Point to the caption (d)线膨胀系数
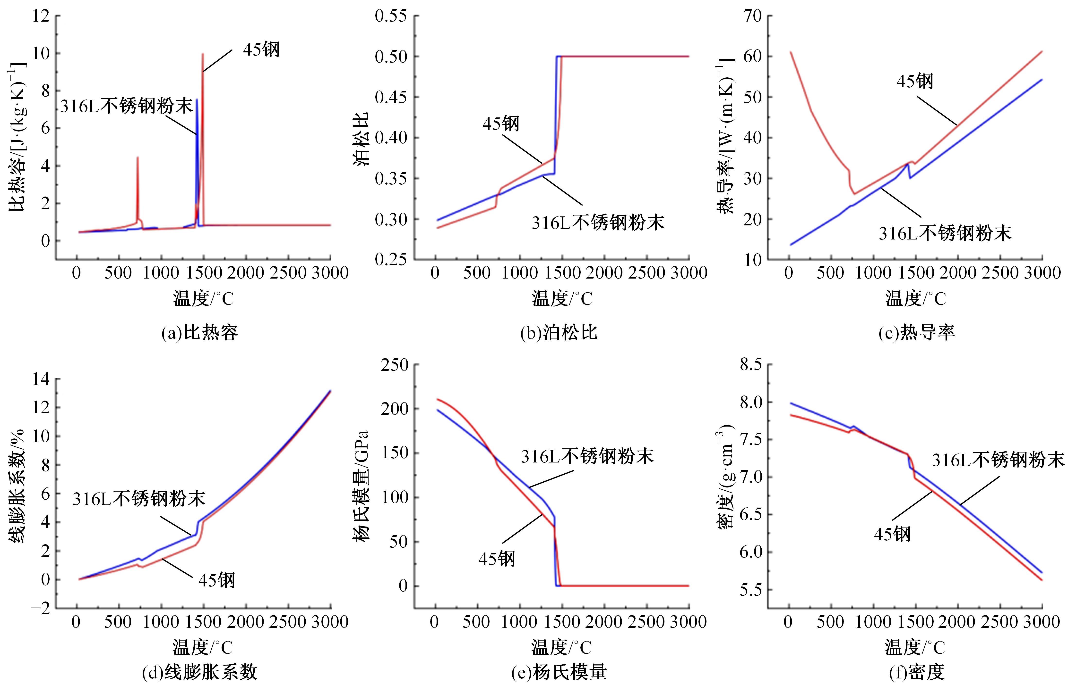tap(200, 673)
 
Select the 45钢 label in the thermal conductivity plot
tap(915, 81)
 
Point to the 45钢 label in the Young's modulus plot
tap(497, 559)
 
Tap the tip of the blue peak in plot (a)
tap(197, 100)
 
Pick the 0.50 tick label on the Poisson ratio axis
tap(391, 57)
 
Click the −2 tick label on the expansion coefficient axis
tap(41, 609)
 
